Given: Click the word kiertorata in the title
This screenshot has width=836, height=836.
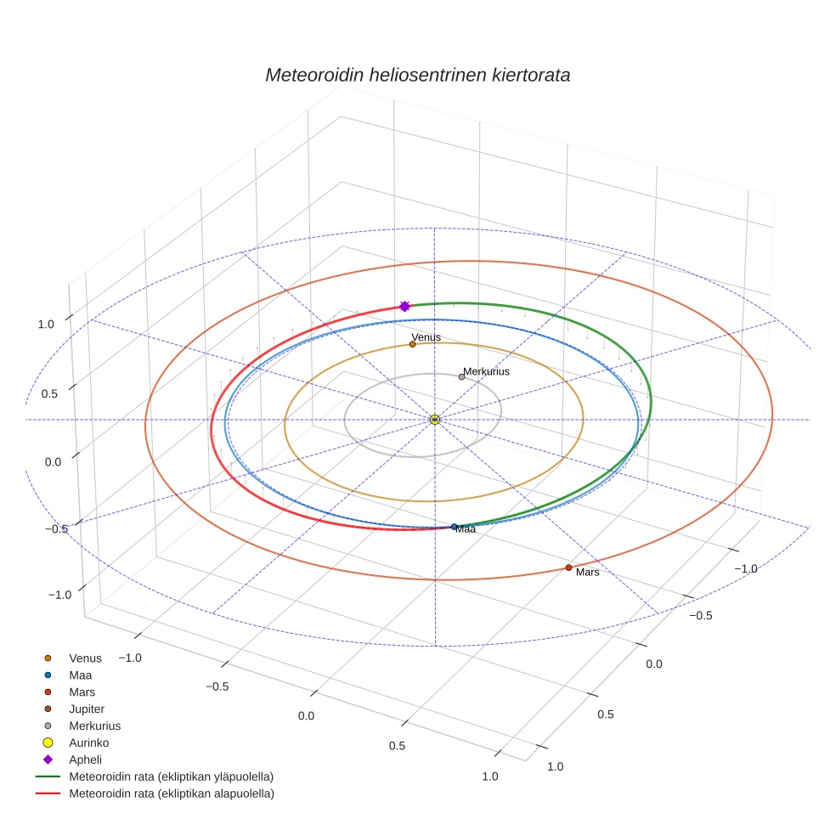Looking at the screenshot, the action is click(530, 75).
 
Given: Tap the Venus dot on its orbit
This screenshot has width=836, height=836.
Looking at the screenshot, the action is click(412, 344).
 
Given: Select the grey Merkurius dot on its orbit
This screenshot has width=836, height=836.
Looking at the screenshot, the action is click(461, 377).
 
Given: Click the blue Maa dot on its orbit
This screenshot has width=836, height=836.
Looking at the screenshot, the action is click(455, 527).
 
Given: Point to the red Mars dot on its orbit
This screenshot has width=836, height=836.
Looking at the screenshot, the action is click(568, 568).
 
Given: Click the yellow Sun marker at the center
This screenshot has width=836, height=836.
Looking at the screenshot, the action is click(434, 420).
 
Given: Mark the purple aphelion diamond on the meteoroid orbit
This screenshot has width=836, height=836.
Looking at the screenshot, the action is click(404, 306).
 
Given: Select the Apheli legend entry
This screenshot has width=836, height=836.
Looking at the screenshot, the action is click(85, 760).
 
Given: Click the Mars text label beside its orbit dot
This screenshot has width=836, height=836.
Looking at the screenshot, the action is click(588, 572).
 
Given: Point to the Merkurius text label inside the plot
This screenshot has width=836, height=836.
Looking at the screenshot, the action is click(486, 371).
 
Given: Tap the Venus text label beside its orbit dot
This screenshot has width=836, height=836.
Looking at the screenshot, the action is click(426, 337).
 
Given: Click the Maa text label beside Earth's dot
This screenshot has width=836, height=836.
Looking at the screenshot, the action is click(466, 529).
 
